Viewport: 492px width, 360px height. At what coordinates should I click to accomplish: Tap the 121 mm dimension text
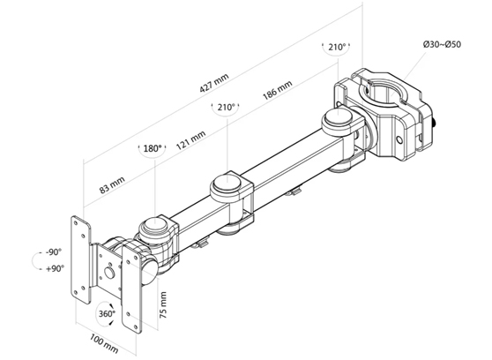[190, 139]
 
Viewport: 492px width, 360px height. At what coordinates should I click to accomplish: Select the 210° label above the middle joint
[224, 108]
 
